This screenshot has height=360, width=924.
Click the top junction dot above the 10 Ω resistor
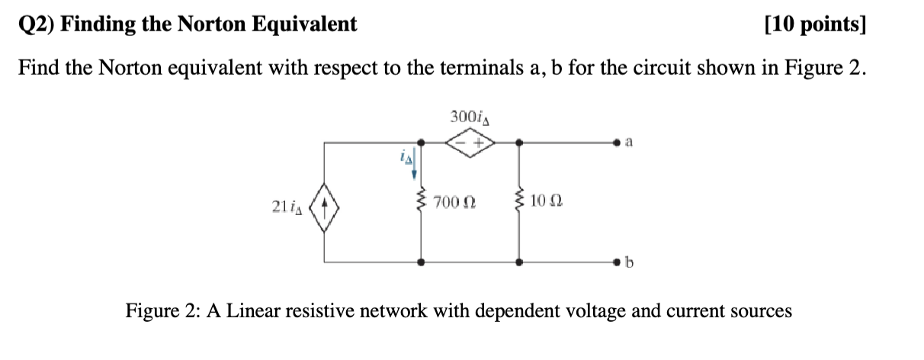[520, 142]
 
